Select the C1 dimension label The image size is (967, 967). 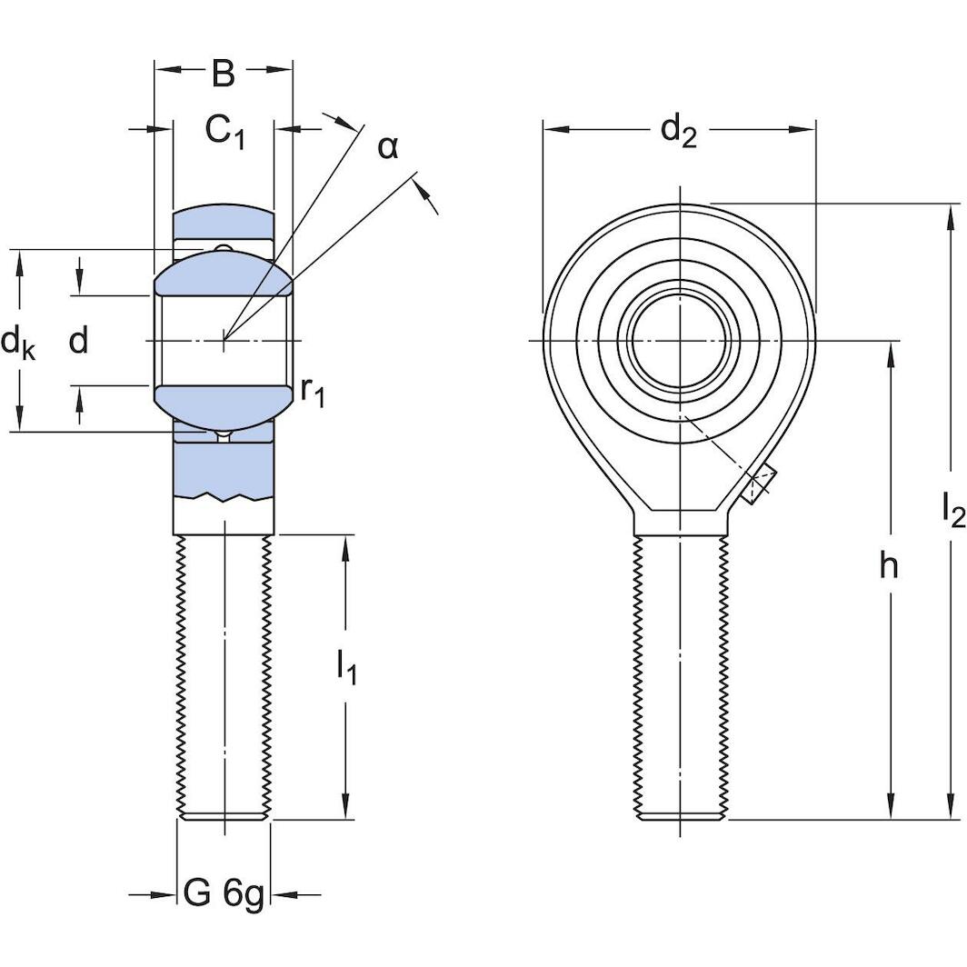coord(224,132)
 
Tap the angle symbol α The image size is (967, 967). coord(388,146)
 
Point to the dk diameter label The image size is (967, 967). coord(18,343)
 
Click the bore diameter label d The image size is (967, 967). coord(79,342)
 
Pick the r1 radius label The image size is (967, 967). coord(312,391)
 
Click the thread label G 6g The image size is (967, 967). coord(224,895)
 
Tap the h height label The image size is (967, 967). coord(888,566)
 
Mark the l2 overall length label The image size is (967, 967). coord(952,512)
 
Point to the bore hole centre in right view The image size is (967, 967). coord(679,341)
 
